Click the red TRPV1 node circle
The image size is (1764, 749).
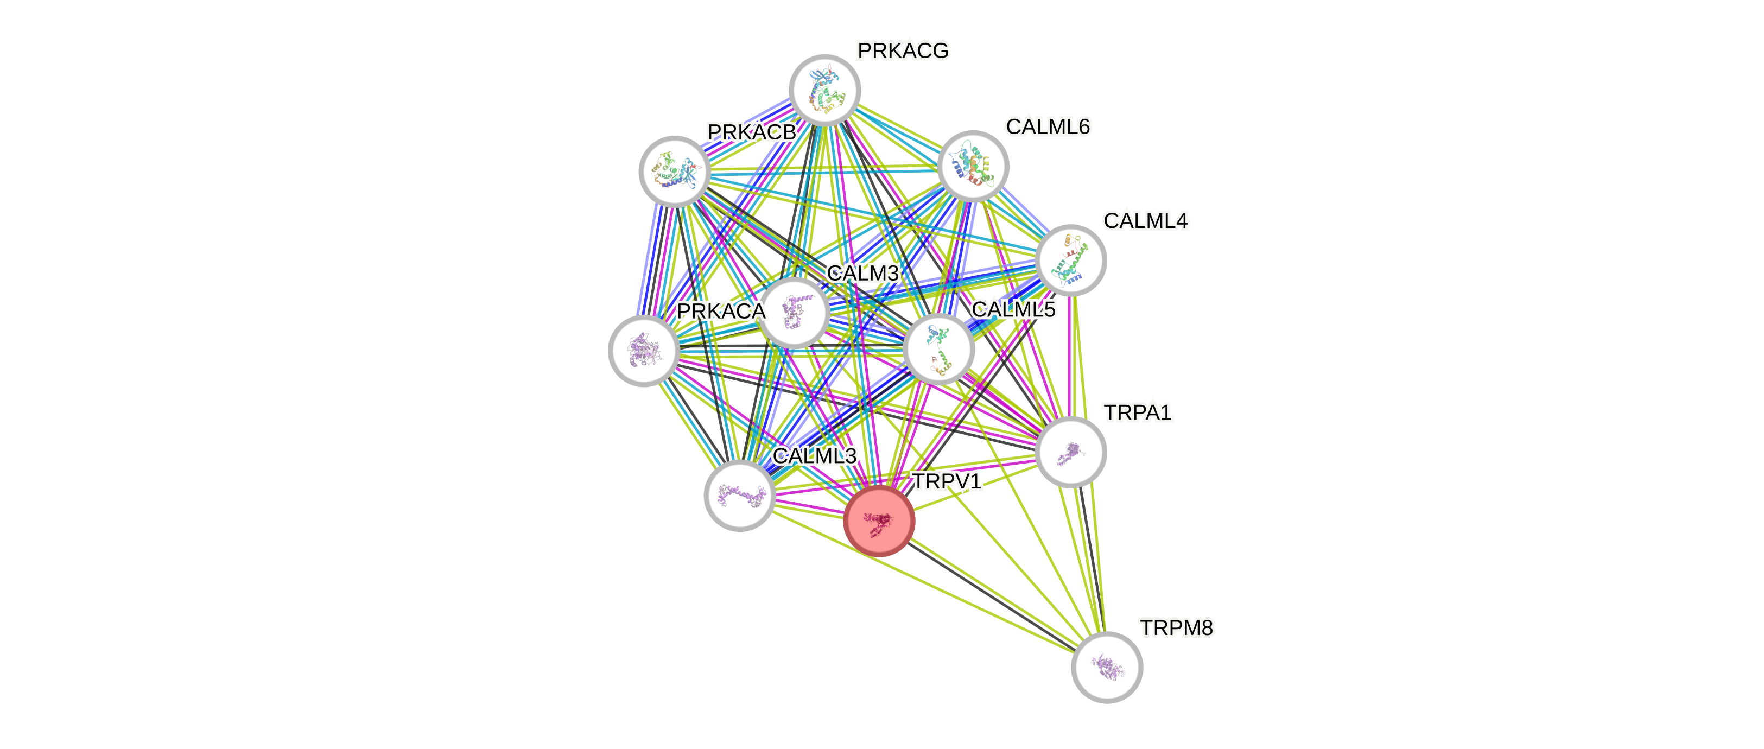tap(879, 521)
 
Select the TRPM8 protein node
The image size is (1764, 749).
tap(1107, 667)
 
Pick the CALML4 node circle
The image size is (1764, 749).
tap(1070, 260)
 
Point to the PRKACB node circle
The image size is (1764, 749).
tap(675, 171)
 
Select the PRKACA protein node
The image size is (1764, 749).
tap(644, 351)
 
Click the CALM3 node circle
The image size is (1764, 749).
tap(795, 313)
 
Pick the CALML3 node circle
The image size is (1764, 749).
tap(740, 495)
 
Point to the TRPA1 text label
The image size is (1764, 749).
tap(1138, 413)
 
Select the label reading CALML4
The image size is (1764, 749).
tap(1145, 220)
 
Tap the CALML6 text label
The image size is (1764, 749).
tap(1047, 126)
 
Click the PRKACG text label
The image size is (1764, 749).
tap(903, 50)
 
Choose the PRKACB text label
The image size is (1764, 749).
tap(751, 132)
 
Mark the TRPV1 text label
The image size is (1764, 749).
tap(947, 481)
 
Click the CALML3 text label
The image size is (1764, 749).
tap(814, 456)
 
